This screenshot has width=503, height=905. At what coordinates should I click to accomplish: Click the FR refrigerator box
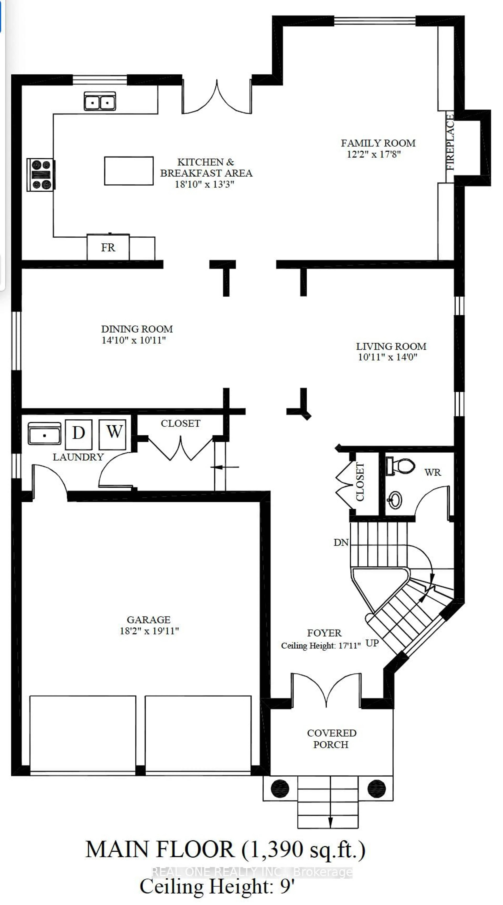tap(108, 247)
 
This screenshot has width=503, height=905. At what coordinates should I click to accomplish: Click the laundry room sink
tap(44, 434)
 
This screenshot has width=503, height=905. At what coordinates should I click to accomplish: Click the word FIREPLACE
tap(450, 142)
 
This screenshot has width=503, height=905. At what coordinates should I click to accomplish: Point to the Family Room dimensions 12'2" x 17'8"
tap(374, 154)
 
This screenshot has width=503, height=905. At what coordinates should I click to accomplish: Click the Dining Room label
tap(137, 329)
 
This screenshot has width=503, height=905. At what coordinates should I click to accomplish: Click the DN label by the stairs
tap(341, 542)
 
